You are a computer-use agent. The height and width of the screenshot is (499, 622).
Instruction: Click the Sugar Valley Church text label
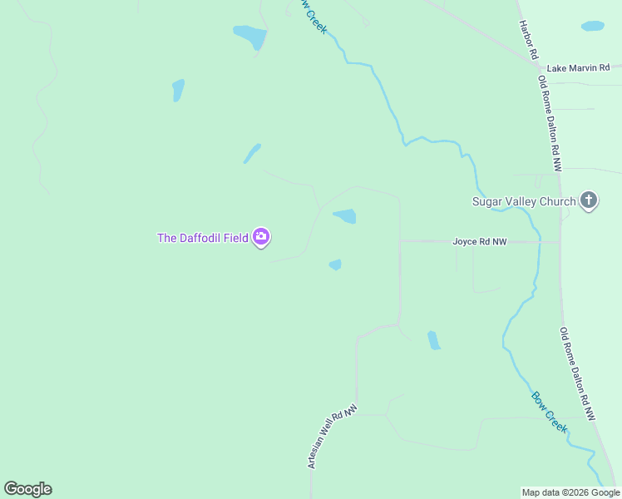[523, 201]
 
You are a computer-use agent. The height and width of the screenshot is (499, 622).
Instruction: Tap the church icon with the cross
[589, 200]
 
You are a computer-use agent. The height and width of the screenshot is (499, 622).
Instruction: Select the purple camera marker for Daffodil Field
[261, 238]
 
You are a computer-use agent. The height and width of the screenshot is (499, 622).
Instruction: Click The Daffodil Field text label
[202, 238]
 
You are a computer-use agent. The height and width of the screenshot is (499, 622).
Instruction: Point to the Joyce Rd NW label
[479, 242]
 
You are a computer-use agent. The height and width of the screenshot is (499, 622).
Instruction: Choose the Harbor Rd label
[527, 40]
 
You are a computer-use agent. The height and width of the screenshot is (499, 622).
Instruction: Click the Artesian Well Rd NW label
[332, 437]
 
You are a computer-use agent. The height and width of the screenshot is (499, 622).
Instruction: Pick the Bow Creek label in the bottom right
[550, 412]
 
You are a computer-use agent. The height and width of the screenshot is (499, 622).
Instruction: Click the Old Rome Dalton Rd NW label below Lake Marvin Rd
[550, 123]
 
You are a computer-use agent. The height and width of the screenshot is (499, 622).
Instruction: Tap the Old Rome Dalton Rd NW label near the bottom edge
[577, 373]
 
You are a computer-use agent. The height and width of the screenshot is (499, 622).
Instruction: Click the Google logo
[27, 489]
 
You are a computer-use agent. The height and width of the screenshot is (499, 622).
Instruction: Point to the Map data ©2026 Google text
[570, 492]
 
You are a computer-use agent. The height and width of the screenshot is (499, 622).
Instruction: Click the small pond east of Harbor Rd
[593, 26]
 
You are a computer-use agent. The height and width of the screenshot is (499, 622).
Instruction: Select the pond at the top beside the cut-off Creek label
[249, 37]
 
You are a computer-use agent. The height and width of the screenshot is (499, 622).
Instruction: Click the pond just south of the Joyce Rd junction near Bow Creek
[433, 340]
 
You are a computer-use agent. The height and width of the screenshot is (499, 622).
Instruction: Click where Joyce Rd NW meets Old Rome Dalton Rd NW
[560, 242]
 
